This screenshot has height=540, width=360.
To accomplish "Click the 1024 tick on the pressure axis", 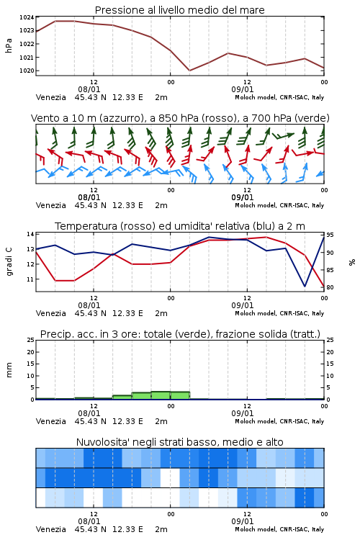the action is pos(27,17).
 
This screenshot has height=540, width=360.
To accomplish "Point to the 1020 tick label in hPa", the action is pos(27,71).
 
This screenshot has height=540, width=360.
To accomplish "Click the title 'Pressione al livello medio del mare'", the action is pos(180,10).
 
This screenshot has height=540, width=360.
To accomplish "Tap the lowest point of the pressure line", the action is pos(189,71).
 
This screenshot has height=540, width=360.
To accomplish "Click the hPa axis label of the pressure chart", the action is pos(9,45).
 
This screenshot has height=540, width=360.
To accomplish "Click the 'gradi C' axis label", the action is pos(9,261).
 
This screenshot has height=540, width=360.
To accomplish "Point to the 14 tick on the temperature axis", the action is pos(30,234).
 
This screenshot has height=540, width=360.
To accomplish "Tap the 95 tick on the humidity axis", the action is pos(330,235).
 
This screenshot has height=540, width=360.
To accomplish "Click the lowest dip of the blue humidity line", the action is pos(305,286).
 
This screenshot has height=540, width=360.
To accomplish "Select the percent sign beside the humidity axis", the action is pos(352,262).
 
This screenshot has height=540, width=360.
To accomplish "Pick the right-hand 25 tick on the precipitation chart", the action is pos(330,340).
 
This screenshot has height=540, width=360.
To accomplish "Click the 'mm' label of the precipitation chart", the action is pos(9,370).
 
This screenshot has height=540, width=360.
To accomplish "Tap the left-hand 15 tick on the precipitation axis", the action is pos(30,364).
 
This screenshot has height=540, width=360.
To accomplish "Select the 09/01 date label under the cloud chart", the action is pos(243,521).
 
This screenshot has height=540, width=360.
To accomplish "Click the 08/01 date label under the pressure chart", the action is pos(89,89).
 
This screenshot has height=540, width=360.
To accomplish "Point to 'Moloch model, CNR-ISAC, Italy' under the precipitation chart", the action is pos(279,421).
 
